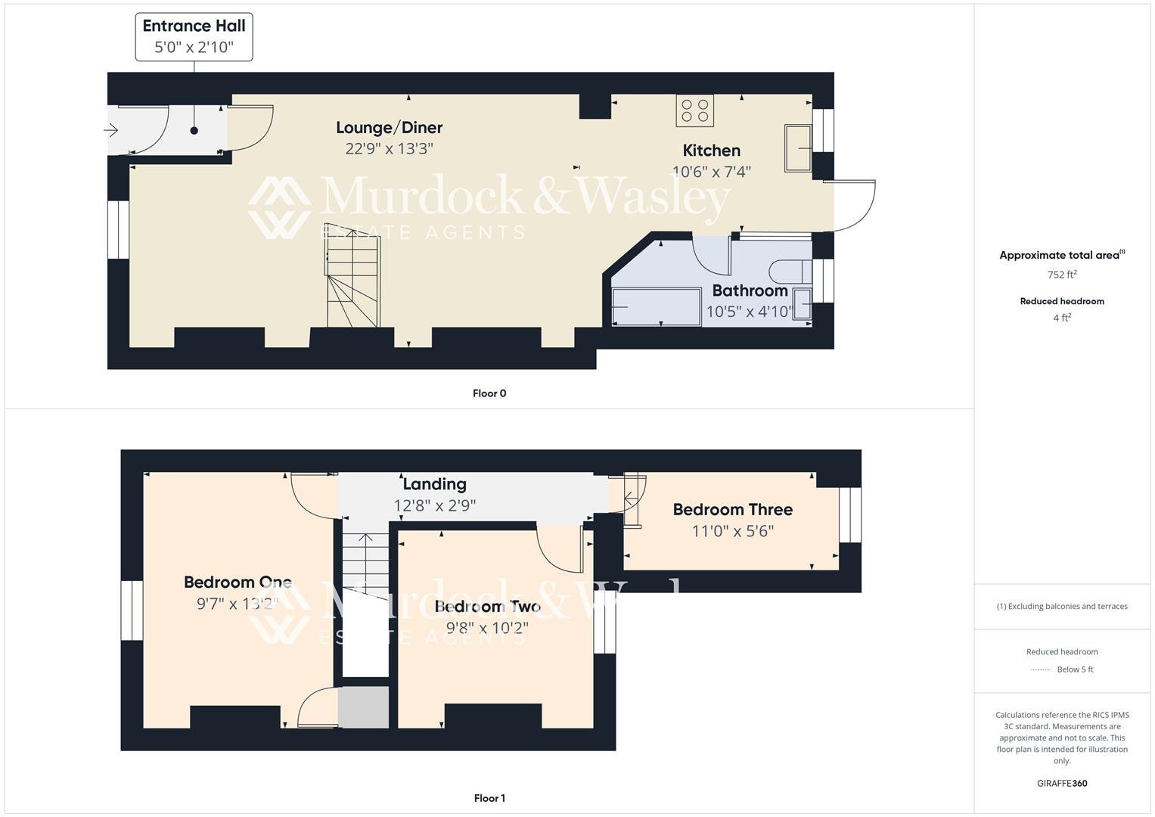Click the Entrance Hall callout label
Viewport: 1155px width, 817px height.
click(194, 36)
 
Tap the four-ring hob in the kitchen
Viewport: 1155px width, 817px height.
click(694, 110)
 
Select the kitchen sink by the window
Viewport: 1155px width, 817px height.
click(797, 148)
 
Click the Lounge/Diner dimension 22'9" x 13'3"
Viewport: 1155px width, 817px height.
click(389, 148)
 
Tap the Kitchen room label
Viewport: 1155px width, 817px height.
click(711, 151)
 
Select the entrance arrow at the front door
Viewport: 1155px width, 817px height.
click(111, 131)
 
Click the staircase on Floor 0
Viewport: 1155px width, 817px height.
click(352, 276)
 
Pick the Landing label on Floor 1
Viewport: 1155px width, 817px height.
click(434, 484)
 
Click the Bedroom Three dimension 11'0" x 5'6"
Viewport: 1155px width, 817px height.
click(732, 531)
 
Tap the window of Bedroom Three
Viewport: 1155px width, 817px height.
click(850, 514)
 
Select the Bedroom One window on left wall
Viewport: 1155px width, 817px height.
click(132, 610)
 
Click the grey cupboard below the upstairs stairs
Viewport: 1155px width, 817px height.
click(363, 707)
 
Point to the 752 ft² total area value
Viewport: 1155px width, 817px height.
click(1061, 275)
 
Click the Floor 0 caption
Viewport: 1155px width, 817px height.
click(489, 393)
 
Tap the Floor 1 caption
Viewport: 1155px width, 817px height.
click(489, 798)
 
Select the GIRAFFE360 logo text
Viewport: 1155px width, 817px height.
click(1061, 783)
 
